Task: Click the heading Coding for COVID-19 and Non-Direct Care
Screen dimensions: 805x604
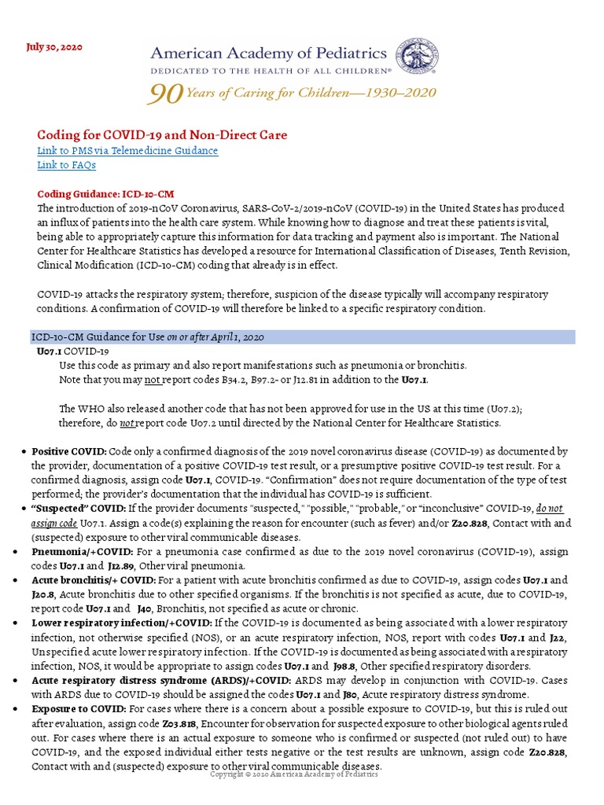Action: tap(162, 135)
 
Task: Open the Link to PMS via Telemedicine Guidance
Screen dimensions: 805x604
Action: tap(127, 150)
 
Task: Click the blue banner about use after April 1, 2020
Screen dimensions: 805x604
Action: tap(303, 336)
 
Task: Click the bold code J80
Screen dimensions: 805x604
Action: tap(353, 693)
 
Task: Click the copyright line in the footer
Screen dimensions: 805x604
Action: tap(294, 774)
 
